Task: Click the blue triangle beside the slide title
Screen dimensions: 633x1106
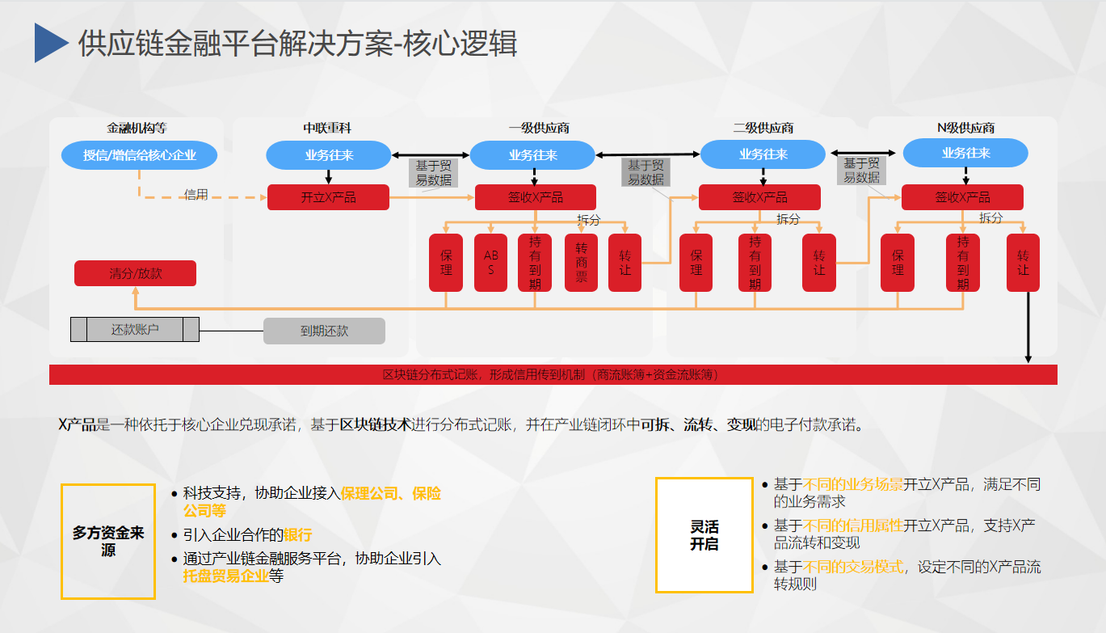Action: coord(50,43)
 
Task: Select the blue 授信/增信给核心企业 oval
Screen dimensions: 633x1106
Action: coord(139,154)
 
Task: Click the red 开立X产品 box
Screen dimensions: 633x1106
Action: coord(328,197)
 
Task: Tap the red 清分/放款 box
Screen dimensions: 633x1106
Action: coord(135,273)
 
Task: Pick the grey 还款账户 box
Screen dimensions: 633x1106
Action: coord(134,330)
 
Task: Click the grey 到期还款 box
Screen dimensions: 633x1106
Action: coord(324,331)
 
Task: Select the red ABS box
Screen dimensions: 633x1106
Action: coord(490,262)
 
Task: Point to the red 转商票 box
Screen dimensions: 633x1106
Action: coord(581,262)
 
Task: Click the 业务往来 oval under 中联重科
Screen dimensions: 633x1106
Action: coord(328,155)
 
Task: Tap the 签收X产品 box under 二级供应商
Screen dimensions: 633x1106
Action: coord(759,197)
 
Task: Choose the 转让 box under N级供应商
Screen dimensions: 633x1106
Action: coord(1023,262)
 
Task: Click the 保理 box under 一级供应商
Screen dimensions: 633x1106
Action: coord(446,262)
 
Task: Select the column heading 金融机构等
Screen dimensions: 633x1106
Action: coord(137,128)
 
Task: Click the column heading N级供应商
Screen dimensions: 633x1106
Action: coord(965,128)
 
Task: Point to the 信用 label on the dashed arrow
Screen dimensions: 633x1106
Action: coord(196,195)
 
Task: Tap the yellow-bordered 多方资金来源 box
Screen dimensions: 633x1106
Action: coord(108,542)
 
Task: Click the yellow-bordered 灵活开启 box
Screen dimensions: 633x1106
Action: coord(704,534)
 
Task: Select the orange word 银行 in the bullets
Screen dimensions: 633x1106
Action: coord(297,535)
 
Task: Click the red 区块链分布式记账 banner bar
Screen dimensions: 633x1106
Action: coord(553,375)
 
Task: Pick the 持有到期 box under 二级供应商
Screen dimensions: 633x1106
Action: coord(755,262)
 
